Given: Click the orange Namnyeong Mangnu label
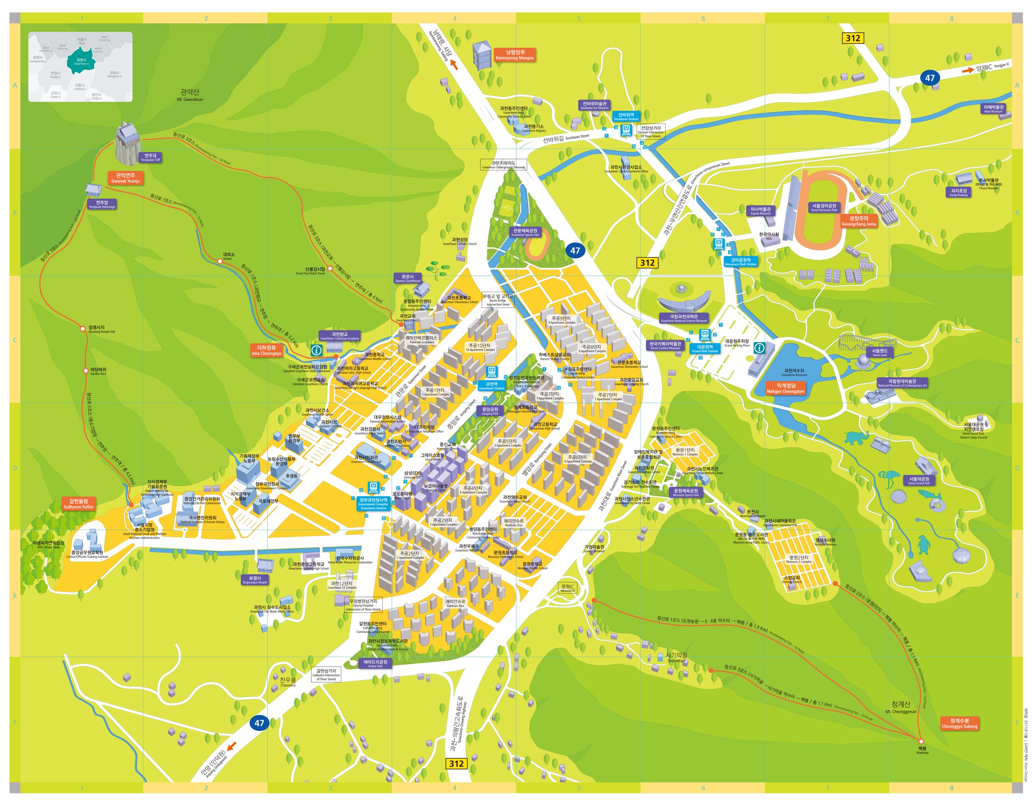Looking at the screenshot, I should click(x=514, y=55).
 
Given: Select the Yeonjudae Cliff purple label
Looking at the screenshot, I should click(x=150, y=158).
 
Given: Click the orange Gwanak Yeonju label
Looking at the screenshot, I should click(x=125, y=178).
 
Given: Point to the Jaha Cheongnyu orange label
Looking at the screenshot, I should click(x=266, y=350).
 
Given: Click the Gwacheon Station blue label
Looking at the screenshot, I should click(x=491, y=386).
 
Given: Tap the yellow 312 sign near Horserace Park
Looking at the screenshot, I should click(x=647, y=263).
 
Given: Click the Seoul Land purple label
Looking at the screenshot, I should click(x=879, y=353).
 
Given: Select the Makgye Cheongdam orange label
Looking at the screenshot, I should click(x=785, y=389).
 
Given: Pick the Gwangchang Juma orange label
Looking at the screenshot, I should click(x=858, y=221).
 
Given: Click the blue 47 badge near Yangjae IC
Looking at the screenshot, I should click(x=929, y=78).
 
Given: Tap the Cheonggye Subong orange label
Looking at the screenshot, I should click(x=959, y=723).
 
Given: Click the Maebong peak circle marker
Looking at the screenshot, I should click(x=920, y=741).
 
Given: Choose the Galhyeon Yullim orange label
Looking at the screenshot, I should click(x=79, y=504).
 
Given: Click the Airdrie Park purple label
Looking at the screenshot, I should click(x=375, y=664).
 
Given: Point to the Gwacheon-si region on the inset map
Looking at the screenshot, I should click(x=81, y=62).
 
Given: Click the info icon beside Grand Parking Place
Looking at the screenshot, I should click(x=759, y=348).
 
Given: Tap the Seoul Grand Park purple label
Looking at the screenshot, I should click(x=918, y=481).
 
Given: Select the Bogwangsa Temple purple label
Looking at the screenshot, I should click(x=255, y=580).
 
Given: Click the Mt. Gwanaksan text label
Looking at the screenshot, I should click(x=190, y=95).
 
